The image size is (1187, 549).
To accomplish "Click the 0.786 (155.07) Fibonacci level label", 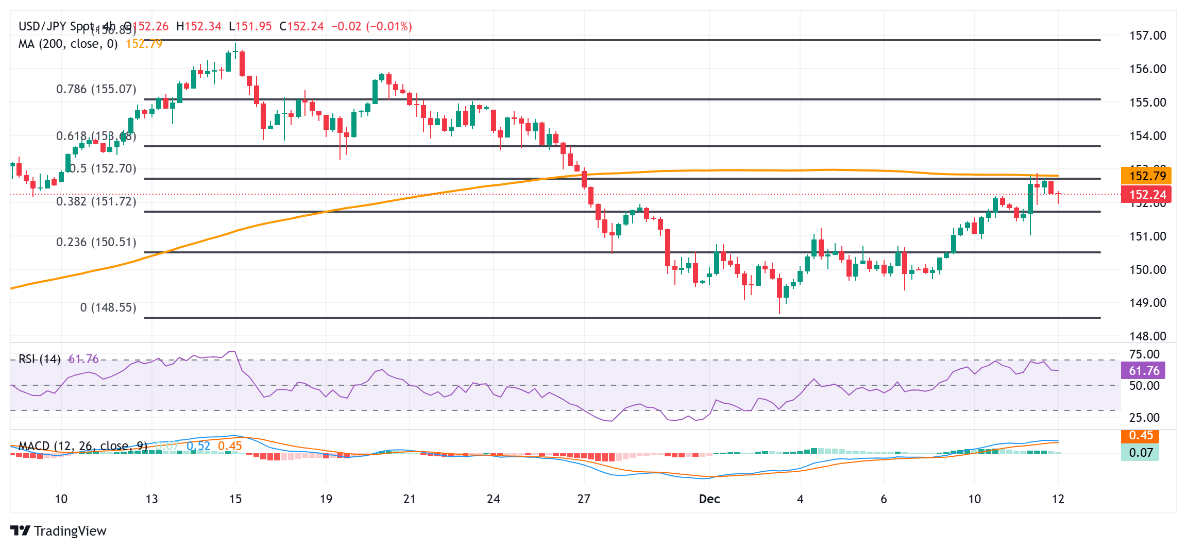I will tap(96, 89).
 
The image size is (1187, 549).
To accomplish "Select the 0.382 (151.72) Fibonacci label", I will tap(96, 201).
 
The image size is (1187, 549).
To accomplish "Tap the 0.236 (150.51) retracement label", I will tap(96, 242).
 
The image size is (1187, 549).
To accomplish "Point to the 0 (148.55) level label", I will tap(108, 307).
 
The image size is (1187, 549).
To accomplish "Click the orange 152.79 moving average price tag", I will tap(1146, 176).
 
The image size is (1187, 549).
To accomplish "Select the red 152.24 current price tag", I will tap(1146, 195).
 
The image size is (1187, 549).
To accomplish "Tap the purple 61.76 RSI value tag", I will tap(1143, 371).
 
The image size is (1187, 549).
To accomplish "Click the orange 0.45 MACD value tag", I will tap(1140, 436).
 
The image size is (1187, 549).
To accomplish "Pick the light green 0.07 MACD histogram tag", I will tap(1140, 453).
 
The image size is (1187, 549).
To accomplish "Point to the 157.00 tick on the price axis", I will tap(1147, 36).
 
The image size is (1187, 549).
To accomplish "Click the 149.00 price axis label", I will tap(1147, 303).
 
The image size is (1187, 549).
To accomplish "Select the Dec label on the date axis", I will tap(709, 499).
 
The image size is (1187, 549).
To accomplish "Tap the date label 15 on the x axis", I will tap(235, 499).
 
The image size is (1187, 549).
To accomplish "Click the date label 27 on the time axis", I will tap(584, 499).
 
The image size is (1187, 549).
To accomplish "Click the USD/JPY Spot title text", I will tap(57, 26).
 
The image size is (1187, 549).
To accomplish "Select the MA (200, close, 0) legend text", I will tap(68, 44).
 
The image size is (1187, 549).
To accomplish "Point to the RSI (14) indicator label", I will tap(40, 359).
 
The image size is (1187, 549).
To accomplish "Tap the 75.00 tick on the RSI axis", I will tap(1144, 354).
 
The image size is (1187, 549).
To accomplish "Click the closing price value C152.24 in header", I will tap(301, 26).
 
